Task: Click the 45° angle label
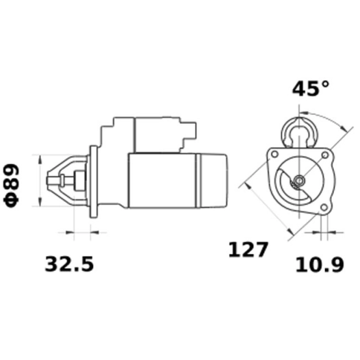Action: click(311, 90)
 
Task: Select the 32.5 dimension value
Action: click(68, 263)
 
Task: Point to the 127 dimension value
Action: click(248, 250)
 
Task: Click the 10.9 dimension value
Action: click(319, 263)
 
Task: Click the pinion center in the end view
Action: click(299, 181)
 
